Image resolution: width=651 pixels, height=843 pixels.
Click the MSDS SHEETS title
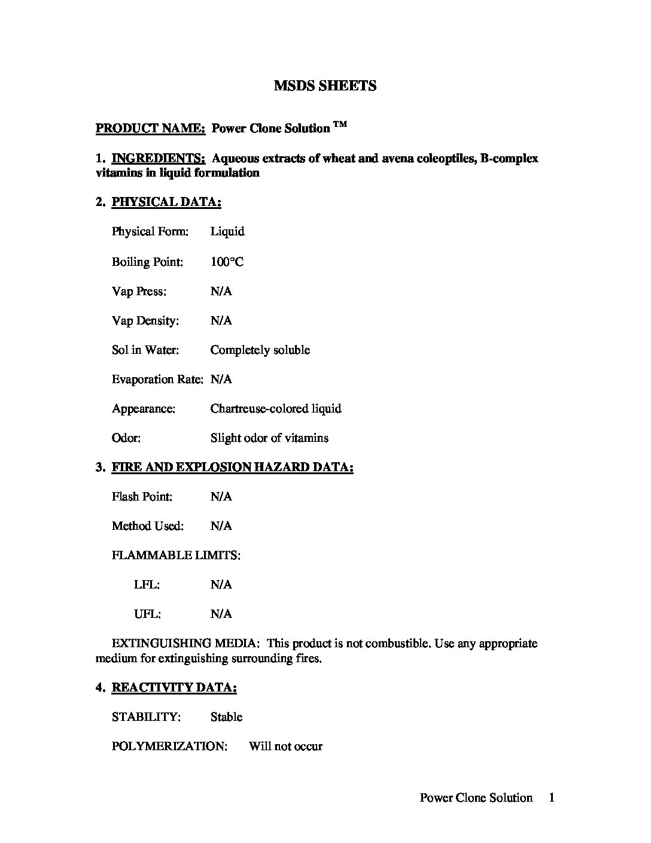[325, 86]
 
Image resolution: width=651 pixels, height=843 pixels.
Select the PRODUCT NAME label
[151, 128]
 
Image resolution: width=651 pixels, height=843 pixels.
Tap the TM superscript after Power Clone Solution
[340, 125]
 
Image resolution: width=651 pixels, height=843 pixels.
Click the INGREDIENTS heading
[159, 159]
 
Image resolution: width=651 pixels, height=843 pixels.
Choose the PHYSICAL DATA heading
[166, 202]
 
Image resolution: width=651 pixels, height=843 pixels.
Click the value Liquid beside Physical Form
[227, 232]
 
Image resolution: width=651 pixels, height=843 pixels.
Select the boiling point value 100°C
[227, 262]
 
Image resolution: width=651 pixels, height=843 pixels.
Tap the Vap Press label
[139, 292]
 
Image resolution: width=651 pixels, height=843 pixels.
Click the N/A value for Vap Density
[221, 321]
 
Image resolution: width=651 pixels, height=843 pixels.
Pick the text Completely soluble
[260, 350]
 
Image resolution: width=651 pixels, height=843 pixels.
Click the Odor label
[126, 438]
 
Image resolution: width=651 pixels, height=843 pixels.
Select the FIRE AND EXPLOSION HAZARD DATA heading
[232, 468]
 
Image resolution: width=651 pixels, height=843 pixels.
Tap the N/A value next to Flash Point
[221, 497]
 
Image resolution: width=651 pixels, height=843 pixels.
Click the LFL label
[147, 585]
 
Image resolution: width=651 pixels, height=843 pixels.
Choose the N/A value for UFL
[221, 614]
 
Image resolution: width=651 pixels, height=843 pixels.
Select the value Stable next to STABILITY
[226, 717]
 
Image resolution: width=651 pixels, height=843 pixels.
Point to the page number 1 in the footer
[552, 797]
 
